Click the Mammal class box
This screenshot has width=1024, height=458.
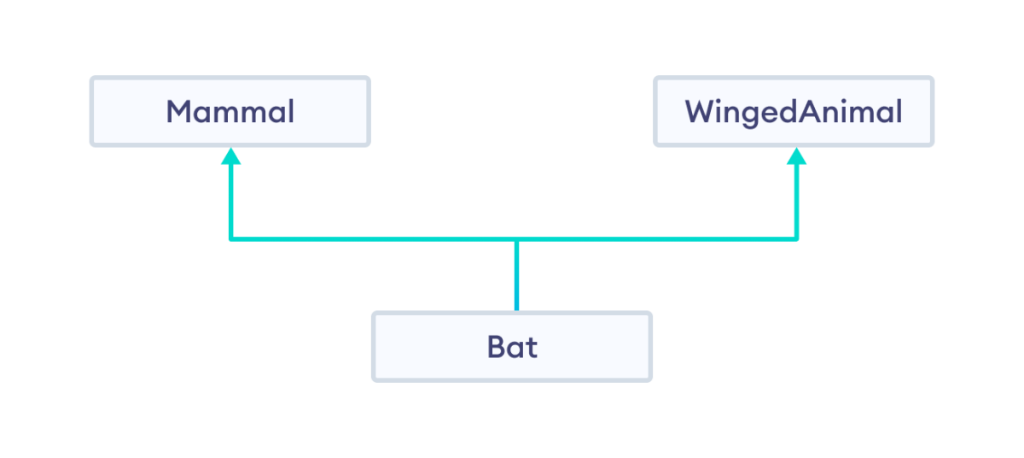coord(230,112)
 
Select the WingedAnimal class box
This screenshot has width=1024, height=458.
coord(794,112)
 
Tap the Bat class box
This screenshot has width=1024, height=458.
coord(512,347)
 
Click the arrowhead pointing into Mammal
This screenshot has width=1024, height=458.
coord(230,156)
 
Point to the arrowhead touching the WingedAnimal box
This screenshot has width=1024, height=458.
coord(797,156)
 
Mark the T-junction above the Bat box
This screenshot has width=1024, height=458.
coord(516,240)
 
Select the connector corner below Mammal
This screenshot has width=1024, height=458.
coord(230,240)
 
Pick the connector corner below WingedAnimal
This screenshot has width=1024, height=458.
coord(797,240)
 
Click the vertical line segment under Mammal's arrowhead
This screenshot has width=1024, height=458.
coord(230,201)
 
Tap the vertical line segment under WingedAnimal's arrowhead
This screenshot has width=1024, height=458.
coord(797,201)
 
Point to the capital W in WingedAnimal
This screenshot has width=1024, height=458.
coord(700,112)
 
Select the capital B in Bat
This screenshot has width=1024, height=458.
coord(497,347)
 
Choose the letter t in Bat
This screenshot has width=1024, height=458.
coord(531,347)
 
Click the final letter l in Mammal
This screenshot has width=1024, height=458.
coord(290,111)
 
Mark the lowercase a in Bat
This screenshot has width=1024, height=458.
coord(515,349)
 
